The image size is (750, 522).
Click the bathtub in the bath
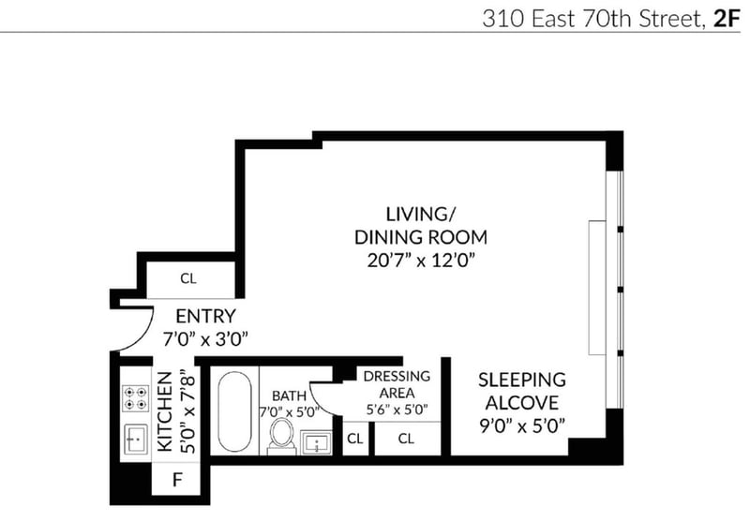234,410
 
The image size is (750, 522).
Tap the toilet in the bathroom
282,436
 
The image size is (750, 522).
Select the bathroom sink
316,442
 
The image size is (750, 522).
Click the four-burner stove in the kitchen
135,398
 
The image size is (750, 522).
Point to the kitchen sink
136,439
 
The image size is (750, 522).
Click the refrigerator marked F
175,479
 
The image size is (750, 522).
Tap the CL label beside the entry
188,278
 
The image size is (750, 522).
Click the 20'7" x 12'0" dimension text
421,261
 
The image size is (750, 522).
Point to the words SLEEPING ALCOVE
522,391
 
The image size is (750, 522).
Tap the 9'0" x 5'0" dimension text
522,425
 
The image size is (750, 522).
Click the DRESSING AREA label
397,384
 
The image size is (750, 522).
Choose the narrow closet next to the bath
355,439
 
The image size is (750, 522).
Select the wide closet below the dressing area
407,439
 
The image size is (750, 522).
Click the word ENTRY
205,317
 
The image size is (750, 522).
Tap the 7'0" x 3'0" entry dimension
205,339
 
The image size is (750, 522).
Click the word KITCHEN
165,411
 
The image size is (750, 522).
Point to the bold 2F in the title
727,20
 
